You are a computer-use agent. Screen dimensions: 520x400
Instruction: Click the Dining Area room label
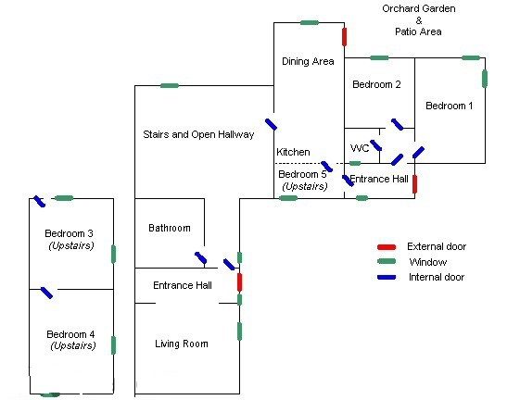tap(308, 61)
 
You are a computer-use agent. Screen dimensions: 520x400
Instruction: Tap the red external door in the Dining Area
tap(344, 37)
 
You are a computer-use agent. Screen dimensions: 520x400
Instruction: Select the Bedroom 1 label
tap(449, 106)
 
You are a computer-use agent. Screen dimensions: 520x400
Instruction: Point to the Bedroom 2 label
tap(376, 84)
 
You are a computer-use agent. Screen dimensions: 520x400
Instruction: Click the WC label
tap(360, 148)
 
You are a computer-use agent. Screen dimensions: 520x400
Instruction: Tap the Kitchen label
tap(293, 152)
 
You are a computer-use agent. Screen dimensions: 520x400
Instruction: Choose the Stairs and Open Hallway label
tap(198, 134)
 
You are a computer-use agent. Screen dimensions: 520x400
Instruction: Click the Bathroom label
tap(170, 228)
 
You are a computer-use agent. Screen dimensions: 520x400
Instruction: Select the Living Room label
tap(182, 344)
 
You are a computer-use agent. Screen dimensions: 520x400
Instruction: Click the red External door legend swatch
tap(387, 247)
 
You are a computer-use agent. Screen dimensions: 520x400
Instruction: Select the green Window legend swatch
tap(387, 261)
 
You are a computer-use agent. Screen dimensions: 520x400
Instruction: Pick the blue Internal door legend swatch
tap(387, 277)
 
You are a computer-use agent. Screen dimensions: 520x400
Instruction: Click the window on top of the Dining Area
tap(310, 22)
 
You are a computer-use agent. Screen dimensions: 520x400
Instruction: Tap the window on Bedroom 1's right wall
tap(485, 79)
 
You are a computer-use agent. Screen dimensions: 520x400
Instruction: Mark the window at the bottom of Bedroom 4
tap(50, 394)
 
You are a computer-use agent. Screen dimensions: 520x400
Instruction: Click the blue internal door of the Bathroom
tap(200, 257)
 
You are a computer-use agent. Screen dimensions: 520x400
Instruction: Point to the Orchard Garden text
tap(419, 8)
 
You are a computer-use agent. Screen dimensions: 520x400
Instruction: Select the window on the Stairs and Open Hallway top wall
tap(170, 85)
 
